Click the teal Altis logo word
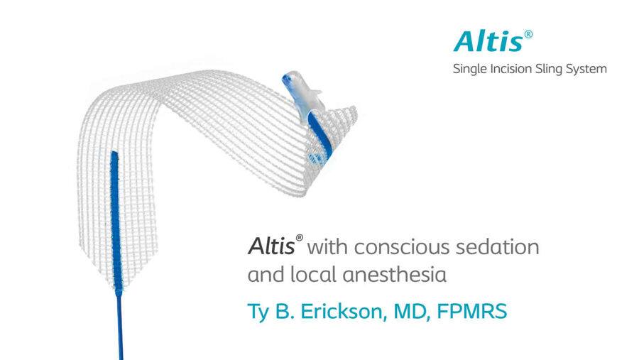(488, 42)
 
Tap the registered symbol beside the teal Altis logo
(528, 34)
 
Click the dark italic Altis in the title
(271, 246)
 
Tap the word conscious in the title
(401, 248)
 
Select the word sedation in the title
(498, 246)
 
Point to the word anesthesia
(394, 274)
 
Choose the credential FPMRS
(472, 312)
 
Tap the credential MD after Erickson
(412, 312)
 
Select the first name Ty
(258, 312)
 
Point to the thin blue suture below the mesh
(120, 326)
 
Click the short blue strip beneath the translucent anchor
(320, 138)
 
